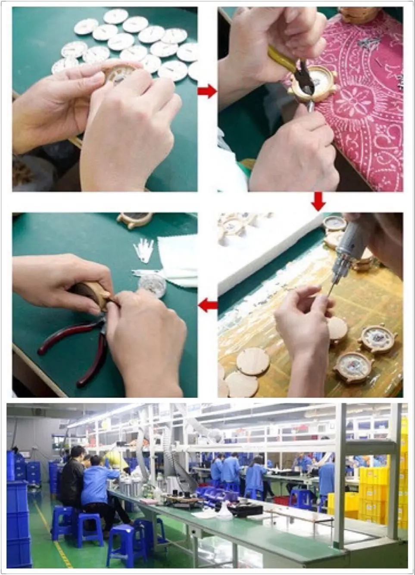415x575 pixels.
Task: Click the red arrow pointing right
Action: coord(207,91)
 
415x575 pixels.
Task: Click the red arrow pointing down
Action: coord(318,201)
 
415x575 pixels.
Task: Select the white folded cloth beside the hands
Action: coord(178,257)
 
